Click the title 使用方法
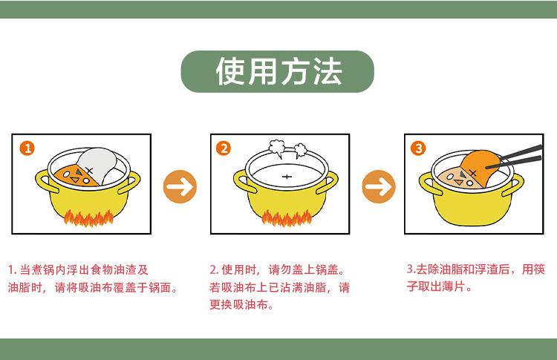[x=278, y=71]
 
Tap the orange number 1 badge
[x=27, y=148]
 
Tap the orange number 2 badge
[x=224, y=148]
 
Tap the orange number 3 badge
[x=418, y=148]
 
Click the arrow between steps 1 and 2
[x=180, y=186]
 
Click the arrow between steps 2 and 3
[x=379, y=186]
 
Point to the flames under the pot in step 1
[x=88, y=218]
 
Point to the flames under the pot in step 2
[x=287, y=218]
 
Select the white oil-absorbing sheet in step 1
[x=98, y=164]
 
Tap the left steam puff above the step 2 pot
[x=277, y=148]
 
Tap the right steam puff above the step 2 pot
[x=301, y=150]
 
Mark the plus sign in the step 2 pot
[x=287, y=177]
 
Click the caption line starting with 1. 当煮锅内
[x=78, y=270]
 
